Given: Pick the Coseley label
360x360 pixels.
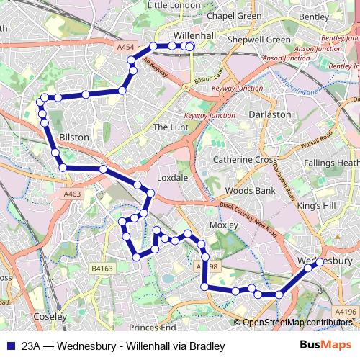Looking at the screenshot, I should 50,316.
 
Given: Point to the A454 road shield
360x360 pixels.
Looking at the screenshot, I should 127,47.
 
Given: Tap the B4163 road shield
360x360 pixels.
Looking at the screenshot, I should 102,269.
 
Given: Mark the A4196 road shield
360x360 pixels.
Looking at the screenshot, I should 346,312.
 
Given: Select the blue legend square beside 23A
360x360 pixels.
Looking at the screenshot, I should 9,346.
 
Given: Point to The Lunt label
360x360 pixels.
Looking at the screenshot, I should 170,127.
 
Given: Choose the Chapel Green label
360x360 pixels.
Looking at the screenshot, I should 214,15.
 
